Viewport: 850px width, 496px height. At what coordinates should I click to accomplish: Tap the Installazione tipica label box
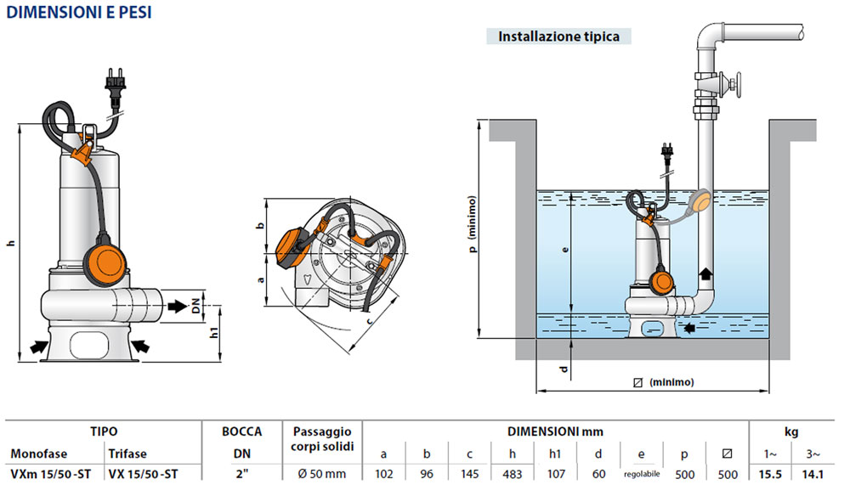coord(558,37)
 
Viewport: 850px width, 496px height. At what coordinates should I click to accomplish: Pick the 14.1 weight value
coord(814,472)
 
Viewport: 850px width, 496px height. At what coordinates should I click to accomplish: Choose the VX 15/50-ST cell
coord(143,472)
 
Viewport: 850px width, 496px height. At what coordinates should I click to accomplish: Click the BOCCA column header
coord(241,431)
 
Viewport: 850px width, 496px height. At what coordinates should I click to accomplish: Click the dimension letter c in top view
coord(371,323)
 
